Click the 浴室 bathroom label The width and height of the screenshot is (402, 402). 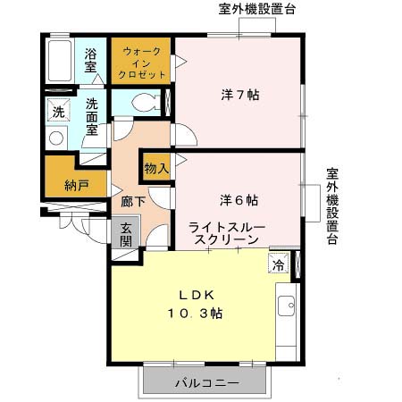tap(91, 61)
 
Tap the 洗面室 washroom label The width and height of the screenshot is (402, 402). tap(91, 116)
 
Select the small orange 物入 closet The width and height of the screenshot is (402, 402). tap(155, 167)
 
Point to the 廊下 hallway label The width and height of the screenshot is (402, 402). tap(133, 201)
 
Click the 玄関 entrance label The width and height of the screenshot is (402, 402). tap(126, 235)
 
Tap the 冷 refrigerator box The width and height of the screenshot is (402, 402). tap(279, 264)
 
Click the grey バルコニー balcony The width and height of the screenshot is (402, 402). tap(205, 382)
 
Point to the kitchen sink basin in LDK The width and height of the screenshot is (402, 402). tap(287, 308)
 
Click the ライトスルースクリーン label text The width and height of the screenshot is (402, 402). tap(226, 235)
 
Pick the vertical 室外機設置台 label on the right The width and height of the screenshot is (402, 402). tap(331, 206)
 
